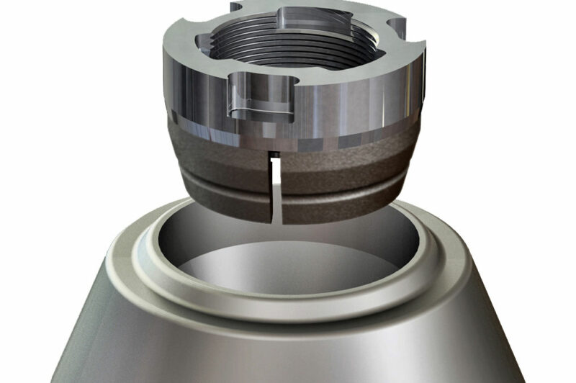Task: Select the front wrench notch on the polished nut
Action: tap(261, 97)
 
